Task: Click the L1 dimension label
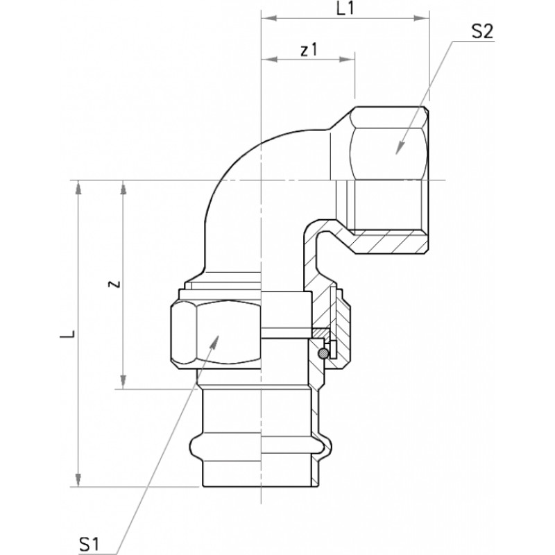(344, 8)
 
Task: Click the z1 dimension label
(309, 50)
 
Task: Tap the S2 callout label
(482, 31)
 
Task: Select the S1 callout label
(89, 544)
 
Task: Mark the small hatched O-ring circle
(323, 352)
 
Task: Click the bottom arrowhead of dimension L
(78, 479)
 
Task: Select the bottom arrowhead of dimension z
(123, 382)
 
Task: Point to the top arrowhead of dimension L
(78, 188)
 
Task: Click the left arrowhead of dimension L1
(268, 19)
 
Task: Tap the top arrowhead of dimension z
(123, 188)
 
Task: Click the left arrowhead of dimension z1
(268, 59)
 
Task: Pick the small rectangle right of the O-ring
(333, 350)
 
